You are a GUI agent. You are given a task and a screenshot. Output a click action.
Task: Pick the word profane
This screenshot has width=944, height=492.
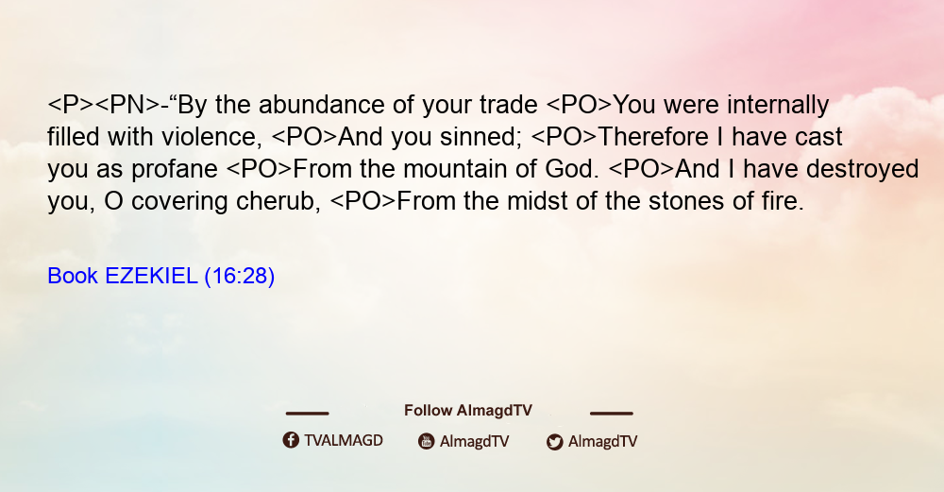175,170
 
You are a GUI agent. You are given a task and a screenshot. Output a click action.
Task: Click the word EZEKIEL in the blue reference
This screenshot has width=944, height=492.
151,277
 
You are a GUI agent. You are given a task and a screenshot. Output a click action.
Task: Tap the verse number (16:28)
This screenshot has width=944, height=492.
240,277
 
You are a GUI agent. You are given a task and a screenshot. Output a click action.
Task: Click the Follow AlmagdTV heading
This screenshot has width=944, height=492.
468,411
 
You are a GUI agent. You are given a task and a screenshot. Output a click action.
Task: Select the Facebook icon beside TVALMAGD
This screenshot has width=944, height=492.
291,440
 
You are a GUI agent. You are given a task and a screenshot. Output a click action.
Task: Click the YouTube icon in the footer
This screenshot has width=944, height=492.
427,441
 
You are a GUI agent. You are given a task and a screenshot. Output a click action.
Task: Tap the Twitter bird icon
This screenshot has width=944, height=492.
555,442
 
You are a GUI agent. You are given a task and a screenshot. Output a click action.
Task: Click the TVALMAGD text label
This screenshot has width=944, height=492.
344,441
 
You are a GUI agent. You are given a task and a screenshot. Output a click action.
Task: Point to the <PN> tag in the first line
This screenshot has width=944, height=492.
127,105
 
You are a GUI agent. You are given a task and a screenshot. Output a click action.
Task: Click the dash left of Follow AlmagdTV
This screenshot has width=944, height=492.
307,414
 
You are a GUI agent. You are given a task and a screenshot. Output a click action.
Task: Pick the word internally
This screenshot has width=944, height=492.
778,105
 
